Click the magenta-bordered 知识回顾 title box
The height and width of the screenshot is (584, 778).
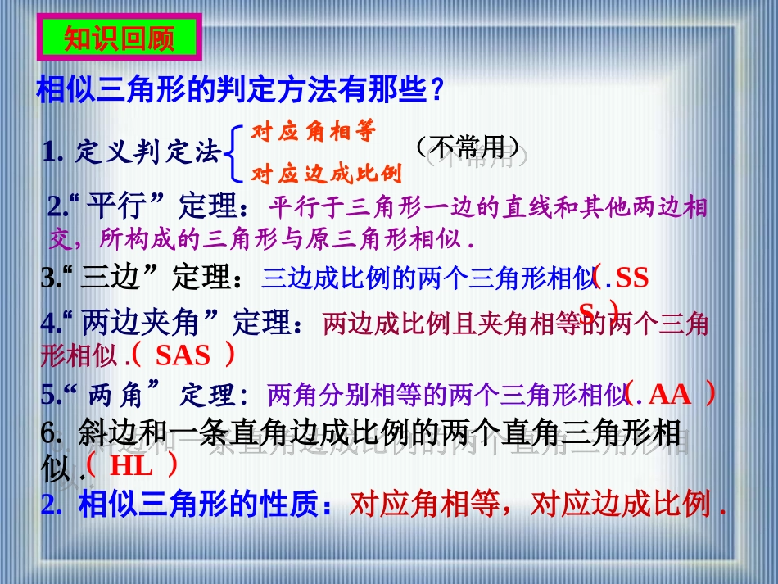118,39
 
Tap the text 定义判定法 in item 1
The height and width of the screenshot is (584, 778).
148,152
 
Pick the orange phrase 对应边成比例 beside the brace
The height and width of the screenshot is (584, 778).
327,174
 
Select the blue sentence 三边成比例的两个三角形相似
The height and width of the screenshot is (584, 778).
427,278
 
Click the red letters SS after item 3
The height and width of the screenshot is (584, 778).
631,278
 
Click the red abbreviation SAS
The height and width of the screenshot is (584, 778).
183,355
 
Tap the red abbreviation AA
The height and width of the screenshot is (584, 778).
670,396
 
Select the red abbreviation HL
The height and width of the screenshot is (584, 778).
131,466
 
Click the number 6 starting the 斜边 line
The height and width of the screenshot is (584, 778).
46,434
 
